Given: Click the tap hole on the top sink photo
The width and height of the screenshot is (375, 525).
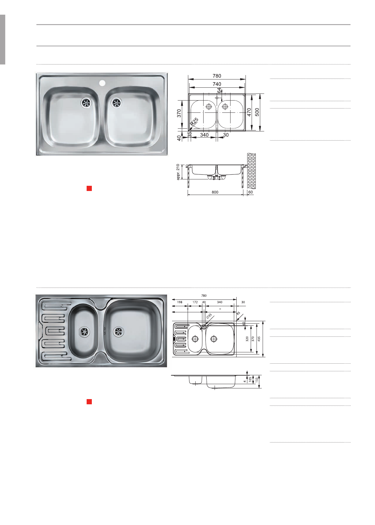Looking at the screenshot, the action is point(102,83).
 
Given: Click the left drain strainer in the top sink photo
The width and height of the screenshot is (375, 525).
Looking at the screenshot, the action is point(86,103).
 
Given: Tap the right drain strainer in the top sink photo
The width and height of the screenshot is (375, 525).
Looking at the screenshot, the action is point(116,103).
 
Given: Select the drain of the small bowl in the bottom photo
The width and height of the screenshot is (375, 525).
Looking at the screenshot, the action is point(84,331).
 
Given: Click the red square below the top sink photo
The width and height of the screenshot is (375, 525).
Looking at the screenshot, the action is point(89,188).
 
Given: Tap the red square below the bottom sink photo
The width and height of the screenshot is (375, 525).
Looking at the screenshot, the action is point(89,402).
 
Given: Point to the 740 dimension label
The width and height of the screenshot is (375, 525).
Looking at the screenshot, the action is point(217,84).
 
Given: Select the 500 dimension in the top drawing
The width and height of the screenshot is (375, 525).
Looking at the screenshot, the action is point(257,112).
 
